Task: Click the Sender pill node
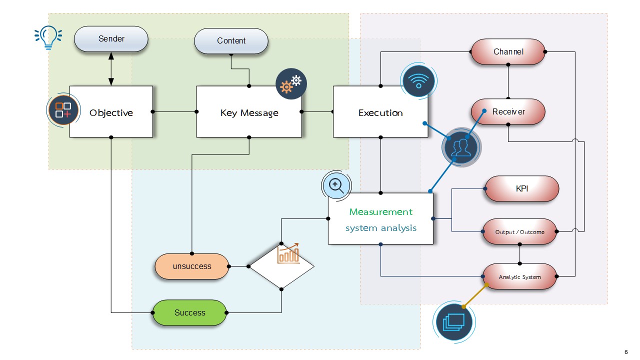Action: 111,39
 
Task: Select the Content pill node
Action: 231,41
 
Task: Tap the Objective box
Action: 111,111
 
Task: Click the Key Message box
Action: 249,111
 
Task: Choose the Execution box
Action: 380,111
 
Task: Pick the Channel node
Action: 508,51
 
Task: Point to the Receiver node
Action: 508,111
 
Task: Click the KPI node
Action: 521,188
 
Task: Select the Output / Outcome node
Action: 519,231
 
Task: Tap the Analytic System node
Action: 519,276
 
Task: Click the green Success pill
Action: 189,312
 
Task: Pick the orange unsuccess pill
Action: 191,266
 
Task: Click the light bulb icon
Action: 48,37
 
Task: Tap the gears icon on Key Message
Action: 291,83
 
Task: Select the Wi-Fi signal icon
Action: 418,81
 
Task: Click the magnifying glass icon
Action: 336,185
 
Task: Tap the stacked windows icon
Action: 454,322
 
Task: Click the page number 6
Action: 626,352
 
